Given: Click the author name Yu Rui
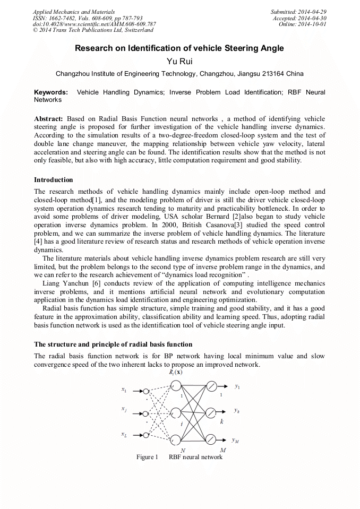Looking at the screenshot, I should click(x=179, y=62).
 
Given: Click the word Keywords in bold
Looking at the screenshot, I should click(x=51, y=92).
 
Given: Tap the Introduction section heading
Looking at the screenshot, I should click(x=54, y=180).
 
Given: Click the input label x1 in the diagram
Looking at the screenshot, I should click(x=124, y=390).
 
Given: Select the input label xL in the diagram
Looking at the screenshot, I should click(x=124, y=435).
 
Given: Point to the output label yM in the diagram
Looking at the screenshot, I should click(x=236, y=439).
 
